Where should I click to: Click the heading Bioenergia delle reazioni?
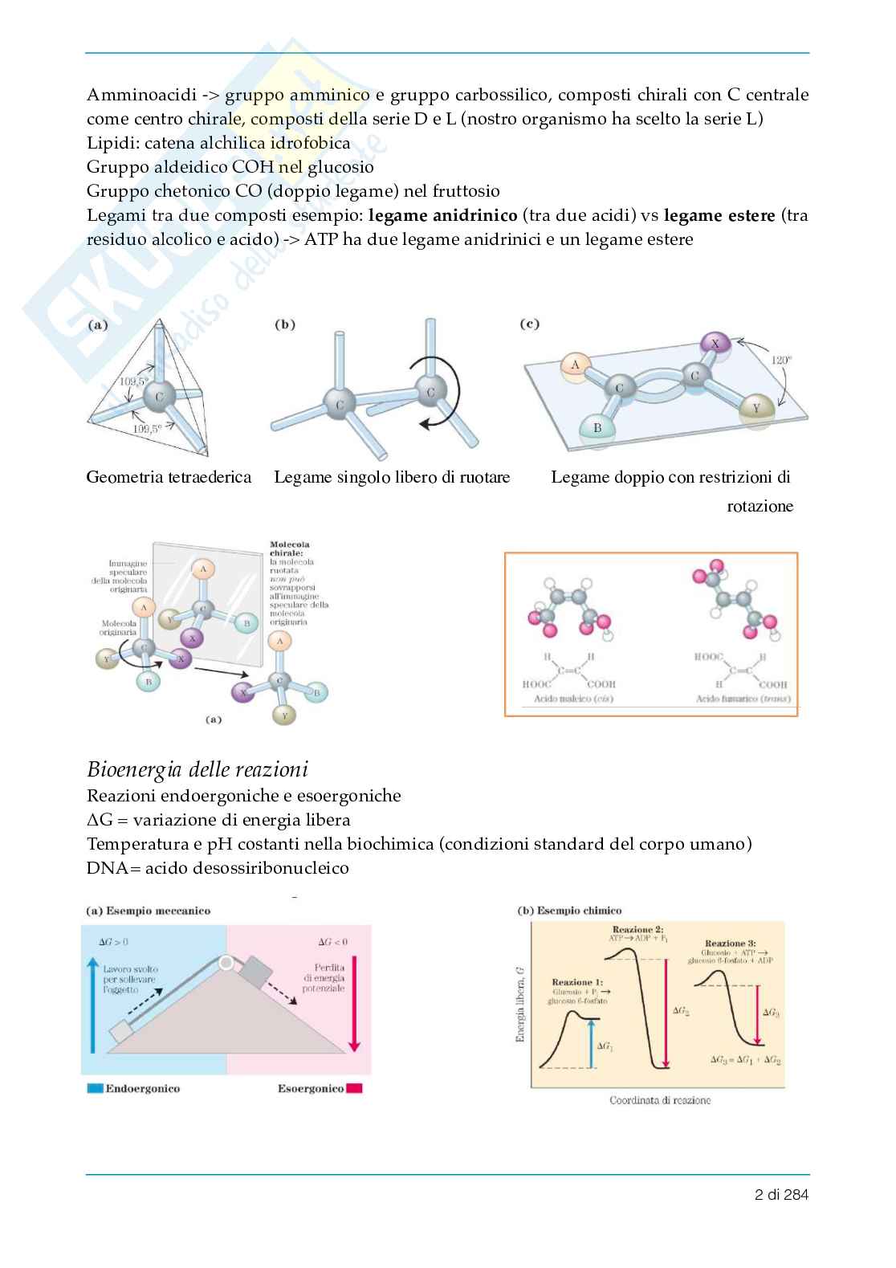click(x=197, y=770)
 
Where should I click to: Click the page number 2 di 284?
click(x=781, y=1194)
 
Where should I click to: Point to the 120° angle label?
click(x=781, y=361)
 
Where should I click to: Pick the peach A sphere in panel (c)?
click(x=575, y=365)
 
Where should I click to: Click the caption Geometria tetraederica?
click(x=169, y=477)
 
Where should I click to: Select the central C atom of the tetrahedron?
click(x=159, y=396)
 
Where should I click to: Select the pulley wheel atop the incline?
click(x=227, y=962)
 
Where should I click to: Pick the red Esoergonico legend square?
click(x=355, y=1089)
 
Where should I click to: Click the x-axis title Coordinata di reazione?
click(x=659, y=1099)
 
